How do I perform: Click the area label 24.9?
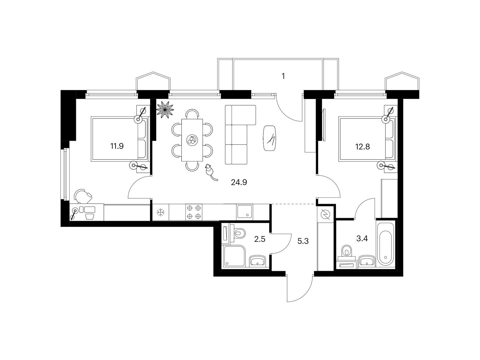239,182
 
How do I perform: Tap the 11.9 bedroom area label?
117,146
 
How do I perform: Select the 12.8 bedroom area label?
362,146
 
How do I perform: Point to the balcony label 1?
283,76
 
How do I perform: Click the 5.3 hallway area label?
303,241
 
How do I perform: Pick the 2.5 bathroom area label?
259,239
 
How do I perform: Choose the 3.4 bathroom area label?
362,238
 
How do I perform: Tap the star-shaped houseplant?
165,110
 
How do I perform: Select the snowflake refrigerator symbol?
161,212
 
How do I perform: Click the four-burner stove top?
194,212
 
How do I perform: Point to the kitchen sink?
244,211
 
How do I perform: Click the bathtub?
385,244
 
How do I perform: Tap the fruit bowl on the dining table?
192,139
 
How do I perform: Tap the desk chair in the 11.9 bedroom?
83,196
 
